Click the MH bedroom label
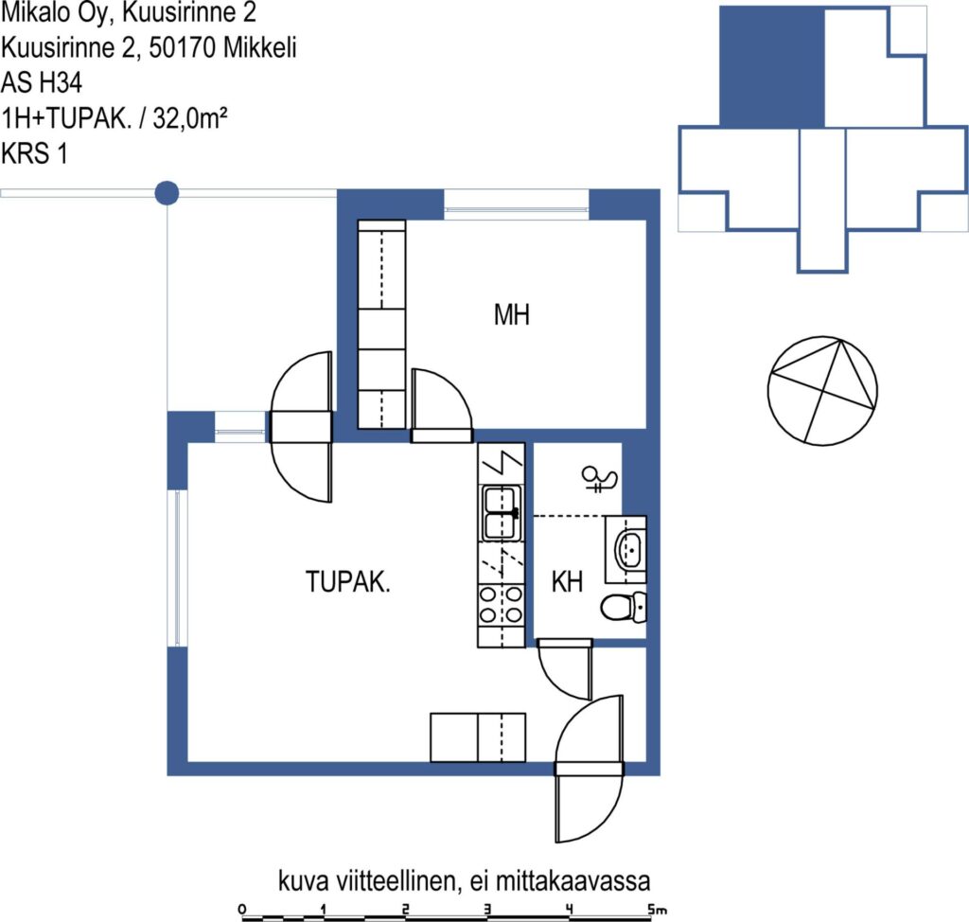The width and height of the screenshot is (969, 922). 512,315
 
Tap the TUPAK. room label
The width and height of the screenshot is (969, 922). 348,582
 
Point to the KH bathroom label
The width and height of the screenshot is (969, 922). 567,582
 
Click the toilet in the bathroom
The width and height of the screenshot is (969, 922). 624,607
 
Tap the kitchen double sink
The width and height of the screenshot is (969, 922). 502,513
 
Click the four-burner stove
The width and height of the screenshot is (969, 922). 502,604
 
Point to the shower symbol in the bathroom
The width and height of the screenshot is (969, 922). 599,479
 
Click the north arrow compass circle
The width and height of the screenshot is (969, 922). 822,391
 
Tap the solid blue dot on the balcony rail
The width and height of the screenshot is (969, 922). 167,193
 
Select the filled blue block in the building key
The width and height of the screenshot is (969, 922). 772,67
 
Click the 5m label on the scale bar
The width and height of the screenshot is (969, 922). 657,909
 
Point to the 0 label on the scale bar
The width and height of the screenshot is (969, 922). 241,909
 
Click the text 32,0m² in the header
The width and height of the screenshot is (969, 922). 190,117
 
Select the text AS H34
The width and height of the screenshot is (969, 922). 42,82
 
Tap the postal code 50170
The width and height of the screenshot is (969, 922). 183,47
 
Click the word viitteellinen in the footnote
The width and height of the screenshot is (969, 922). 396,880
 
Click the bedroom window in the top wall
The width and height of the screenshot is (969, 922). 516,204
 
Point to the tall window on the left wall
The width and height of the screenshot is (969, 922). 177,568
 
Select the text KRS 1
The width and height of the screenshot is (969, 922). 35,153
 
